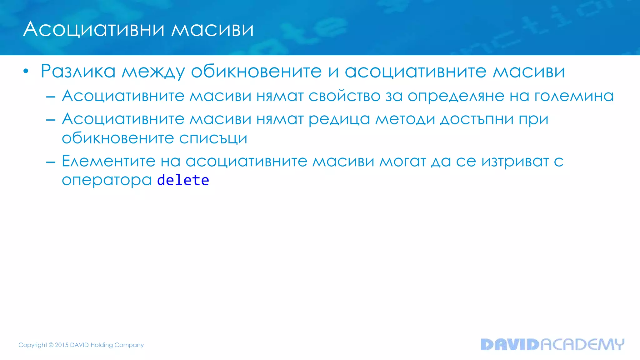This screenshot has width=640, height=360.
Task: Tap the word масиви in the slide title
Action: [212, 29]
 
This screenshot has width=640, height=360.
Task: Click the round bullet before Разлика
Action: [26, 72]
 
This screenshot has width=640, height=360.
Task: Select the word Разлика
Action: [78, 71]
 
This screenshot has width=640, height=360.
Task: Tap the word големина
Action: [574, 96]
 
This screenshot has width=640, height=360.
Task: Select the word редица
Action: [339, 119]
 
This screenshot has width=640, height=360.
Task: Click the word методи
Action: [405, 119]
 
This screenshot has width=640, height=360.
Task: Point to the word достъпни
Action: [477, 119]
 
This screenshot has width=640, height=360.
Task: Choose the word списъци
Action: [213, 138]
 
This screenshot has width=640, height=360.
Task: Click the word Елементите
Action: [108, 161]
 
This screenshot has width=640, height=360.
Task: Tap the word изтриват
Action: [515, 162]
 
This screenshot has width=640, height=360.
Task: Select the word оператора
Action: [107, 180]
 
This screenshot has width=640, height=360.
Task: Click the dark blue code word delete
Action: [183, 180]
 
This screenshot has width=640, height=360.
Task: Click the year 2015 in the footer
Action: [62, 345]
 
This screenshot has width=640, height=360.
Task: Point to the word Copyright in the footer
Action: [32, 345]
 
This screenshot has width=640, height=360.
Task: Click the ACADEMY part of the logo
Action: [582, 344]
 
